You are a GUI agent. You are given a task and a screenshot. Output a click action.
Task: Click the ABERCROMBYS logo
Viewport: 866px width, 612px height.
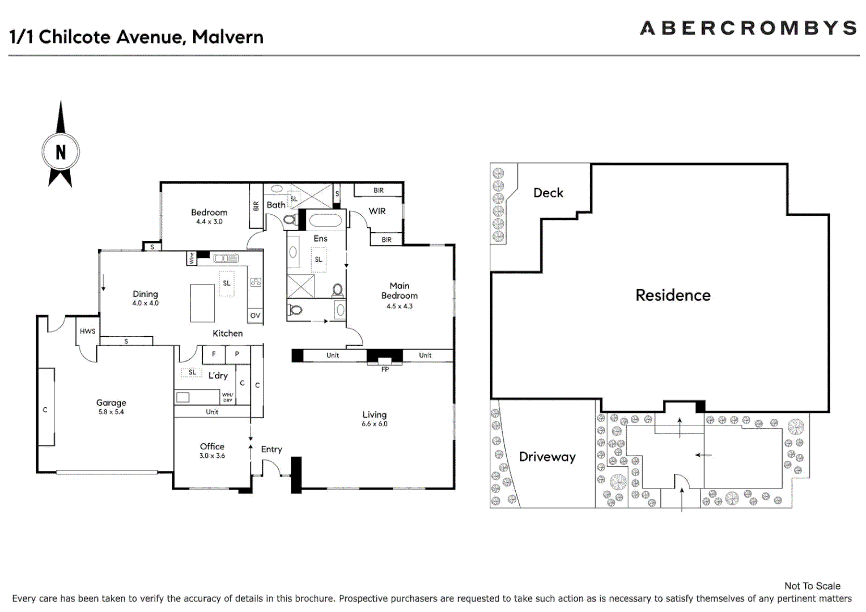coord(748,28)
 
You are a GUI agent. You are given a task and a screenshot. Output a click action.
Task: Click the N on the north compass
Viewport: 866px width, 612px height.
coord(61,152)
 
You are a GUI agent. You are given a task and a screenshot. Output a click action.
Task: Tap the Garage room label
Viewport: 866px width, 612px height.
coord(111,402)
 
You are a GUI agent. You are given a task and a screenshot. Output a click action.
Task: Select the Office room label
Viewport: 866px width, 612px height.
coord(212,447)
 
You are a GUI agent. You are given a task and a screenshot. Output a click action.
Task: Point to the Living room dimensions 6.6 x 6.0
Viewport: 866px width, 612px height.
coord(375,424)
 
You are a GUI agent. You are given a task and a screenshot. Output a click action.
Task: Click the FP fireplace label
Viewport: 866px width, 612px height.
coord(385,369)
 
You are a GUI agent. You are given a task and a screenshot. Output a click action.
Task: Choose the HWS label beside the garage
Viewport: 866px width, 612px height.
coord(87,331)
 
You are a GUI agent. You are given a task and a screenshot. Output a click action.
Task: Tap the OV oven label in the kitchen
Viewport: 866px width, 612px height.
coord(255,316)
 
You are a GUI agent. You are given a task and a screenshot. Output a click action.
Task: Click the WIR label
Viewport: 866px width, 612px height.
coord(377,211)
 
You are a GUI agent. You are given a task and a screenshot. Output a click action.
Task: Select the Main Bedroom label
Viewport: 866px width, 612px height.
coord(400,291)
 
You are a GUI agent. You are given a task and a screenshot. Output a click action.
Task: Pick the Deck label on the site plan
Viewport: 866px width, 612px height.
coord(548,193)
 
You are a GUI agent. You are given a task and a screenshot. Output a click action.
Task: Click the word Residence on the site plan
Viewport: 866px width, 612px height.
coord(673,295)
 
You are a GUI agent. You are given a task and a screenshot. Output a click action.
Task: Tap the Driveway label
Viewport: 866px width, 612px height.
coord(547,457)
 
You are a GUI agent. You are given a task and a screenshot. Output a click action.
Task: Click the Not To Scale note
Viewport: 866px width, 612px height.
coord(812,586)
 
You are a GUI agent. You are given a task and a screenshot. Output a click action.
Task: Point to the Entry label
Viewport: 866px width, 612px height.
coord(271,449)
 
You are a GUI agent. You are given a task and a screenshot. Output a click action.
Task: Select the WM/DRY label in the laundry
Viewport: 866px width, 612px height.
coord(227,397)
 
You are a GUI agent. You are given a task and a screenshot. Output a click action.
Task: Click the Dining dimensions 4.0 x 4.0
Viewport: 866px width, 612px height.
coord(146,303)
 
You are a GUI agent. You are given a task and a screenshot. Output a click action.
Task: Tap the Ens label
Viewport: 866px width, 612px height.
coord(320,239)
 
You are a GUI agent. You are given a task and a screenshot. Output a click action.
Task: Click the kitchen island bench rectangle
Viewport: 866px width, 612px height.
coord(202,303)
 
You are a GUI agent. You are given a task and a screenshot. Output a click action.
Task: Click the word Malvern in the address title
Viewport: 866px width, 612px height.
coord(228,37)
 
